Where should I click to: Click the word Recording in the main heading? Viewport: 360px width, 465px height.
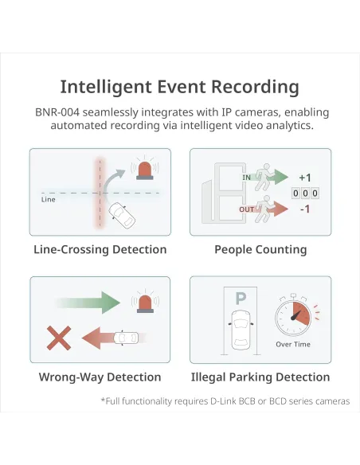[255, 88]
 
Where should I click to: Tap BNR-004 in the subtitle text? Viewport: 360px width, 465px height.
[57, 112]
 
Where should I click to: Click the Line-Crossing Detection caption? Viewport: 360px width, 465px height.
[100, 249]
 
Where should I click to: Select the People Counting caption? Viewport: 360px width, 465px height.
[260, 250]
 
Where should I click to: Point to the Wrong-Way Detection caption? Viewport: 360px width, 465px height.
[100, 377]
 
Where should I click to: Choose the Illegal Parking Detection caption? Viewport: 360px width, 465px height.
[260, 377]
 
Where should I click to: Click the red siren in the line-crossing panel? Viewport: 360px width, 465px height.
[145, 170]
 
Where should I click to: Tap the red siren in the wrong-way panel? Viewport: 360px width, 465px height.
[145, 303]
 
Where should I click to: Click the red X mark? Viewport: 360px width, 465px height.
[59, 338]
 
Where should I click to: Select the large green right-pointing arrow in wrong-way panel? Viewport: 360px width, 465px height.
[88, 303]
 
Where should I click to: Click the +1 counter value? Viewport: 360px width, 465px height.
[305, 178]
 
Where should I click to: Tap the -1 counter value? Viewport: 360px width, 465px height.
[305, 209]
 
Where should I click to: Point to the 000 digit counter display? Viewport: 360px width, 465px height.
[305, 193]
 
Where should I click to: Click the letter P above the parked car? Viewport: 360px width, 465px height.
[241, 299]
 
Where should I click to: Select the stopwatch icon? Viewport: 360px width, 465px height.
[293, 315]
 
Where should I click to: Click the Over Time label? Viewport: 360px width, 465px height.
[293, 344]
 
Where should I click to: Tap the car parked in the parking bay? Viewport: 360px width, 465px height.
[241, 330]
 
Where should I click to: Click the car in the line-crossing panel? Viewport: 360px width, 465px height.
[122, 216]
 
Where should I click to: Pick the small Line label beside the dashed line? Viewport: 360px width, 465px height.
[49, 200]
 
